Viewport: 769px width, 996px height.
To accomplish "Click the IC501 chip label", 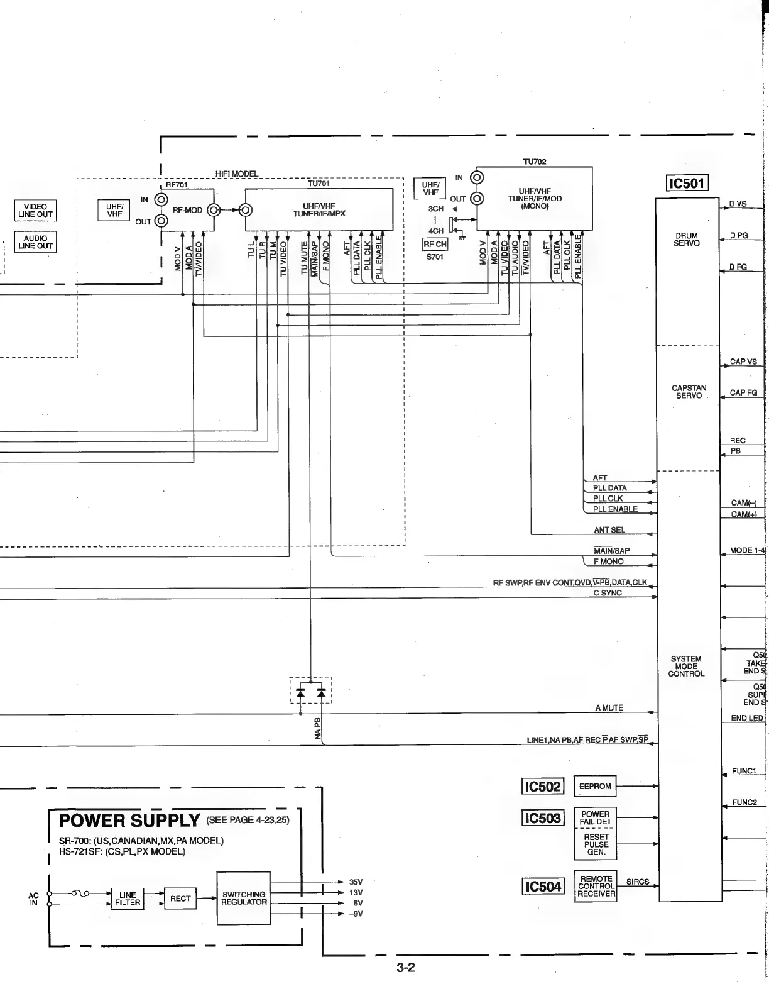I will [x=687, y=184].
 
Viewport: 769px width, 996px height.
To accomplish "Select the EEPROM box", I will [x=595, y=786].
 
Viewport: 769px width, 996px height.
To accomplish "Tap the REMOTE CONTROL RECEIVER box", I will [x=596, y=886].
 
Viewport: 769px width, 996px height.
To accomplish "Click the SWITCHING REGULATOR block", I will [x=243, y=898].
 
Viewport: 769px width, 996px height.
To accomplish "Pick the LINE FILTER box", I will [x=128, y=899].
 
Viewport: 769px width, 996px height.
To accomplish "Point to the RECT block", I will [x=180, y=899].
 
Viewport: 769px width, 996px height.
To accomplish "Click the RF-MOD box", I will [x=187, y=210].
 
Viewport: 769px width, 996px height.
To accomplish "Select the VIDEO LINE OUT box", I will [x=35, y=210].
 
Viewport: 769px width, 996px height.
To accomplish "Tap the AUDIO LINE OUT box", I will [x=35, y=242].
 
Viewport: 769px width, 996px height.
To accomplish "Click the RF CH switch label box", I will [x=435, y=244].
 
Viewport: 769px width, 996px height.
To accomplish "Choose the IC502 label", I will [x=543, y=787].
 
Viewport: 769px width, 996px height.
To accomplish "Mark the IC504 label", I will [x=543, y=887].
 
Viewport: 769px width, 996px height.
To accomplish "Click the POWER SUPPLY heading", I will [x=129, y=821].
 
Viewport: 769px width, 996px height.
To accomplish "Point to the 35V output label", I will [x=356, y=882].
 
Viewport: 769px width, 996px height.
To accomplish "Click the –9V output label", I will [x=356, y=914].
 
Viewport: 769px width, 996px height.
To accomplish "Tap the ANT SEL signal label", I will [x=609, y=530].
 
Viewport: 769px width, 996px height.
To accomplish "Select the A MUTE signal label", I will [x=609, y=708].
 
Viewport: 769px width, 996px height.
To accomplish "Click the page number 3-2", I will [x=406, y=968].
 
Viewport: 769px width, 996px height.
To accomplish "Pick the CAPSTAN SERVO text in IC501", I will [x=689, y=392].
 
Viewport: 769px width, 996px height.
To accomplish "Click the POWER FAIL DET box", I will [x=595, y=818].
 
